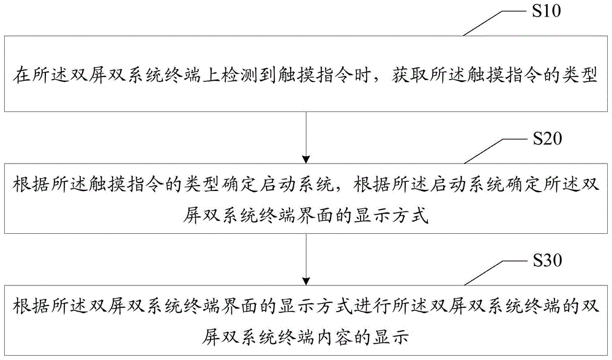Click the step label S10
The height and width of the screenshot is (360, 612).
tap(547, 10)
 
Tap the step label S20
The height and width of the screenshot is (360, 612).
tap(547, 138)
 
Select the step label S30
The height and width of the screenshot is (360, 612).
tap(547, 260)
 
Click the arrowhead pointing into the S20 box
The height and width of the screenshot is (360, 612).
tap(307, 159)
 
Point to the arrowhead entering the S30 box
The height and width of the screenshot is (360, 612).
tap(307, 281)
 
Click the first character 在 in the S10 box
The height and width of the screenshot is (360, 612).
tap(21, 75)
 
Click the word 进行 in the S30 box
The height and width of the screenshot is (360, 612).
tap(371, 306)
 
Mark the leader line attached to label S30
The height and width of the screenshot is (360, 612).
tap(496, 273)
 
